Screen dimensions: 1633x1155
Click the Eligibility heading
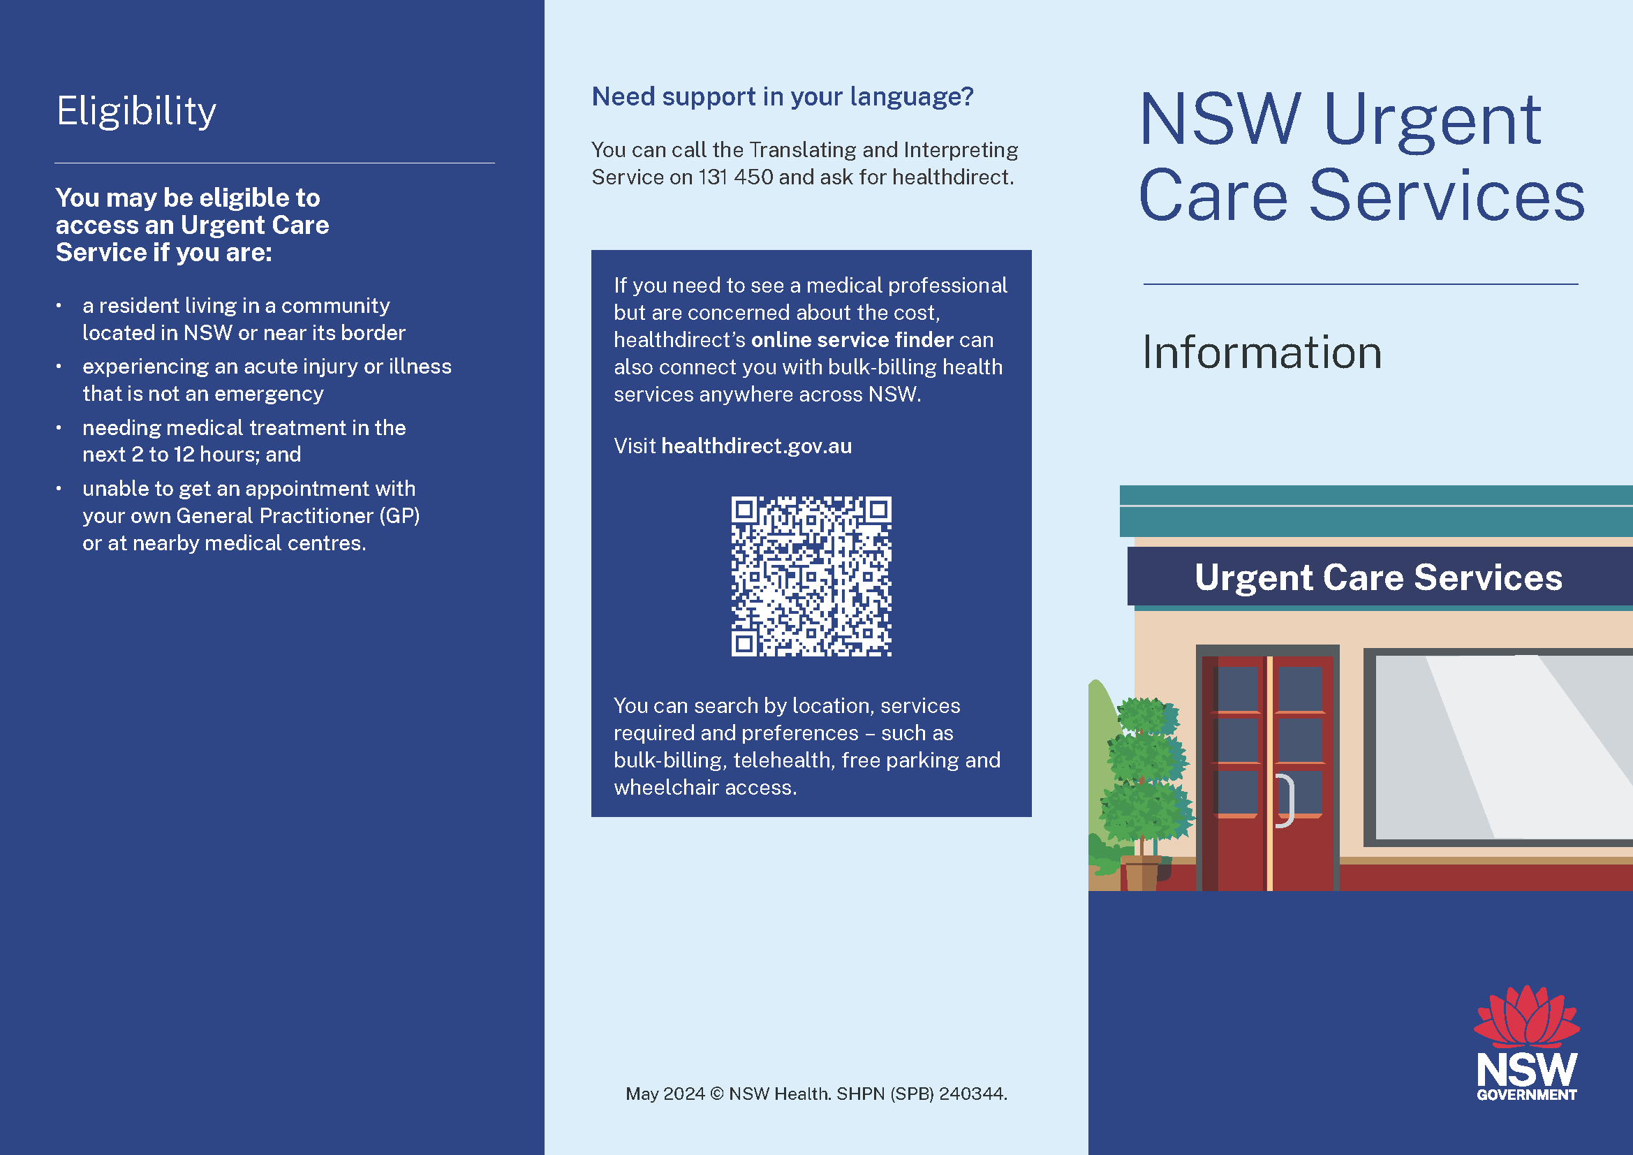[136, 112]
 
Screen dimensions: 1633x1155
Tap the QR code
[811, 576]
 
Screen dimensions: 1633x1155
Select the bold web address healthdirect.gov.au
[756, 446]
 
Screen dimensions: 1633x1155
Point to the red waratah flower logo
[1526, 1016]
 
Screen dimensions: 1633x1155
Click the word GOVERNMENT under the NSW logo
[1526, 1094]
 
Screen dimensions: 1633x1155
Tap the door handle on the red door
[1285, 801]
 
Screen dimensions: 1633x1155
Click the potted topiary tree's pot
[1141, 873]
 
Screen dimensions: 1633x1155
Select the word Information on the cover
[1262, 352]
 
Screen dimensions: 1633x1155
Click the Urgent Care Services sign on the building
[1378, 577]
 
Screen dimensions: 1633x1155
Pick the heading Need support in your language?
[783, 97]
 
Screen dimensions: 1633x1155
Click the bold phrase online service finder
[852, 340]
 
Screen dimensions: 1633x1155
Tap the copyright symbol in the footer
[716, 1094]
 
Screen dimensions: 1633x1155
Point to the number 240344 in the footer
[973, 1094]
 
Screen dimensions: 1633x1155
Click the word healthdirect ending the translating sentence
[953, 177]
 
